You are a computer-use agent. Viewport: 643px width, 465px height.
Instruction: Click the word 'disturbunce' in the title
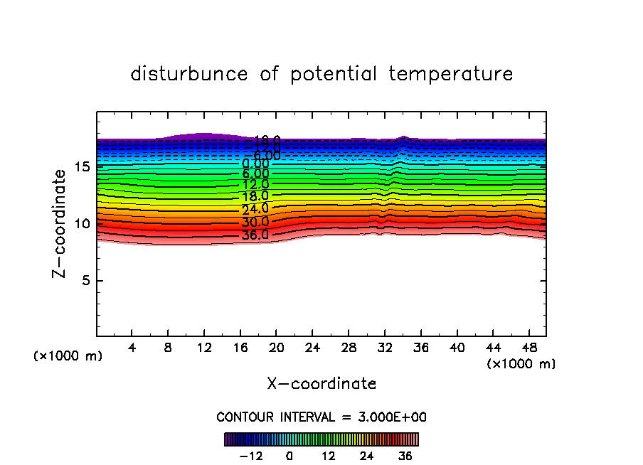tap(189, 74)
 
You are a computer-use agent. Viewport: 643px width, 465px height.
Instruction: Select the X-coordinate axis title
tap(321, 384)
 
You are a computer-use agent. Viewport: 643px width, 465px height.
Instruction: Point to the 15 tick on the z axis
tap(83, 167)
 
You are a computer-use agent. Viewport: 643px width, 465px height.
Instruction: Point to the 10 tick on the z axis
tap(83, 224)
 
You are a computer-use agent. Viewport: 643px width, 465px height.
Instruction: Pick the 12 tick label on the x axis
tap(204, 348)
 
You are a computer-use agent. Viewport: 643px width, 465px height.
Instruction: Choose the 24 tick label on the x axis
tap(312, 348)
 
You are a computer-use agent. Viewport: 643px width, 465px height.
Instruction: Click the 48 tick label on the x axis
tap(528, 348)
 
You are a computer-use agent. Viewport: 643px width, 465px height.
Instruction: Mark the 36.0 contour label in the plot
tap(255, 235)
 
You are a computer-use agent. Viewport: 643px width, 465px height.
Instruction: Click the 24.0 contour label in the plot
tap(255, 209)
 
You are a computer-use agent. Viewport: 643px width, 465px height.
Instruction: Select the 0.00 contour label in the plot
tap(255, 164)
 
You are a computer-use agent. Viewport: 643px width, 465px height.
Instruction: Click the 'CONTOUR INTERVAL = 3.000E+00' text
tap(321, 417)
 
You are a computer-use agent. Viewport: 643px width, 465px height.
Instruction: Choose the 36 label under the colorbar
tap(405, 456)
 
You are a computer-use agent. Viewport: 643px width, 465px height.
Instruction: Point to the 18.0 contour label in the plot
tap(255, 196)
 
